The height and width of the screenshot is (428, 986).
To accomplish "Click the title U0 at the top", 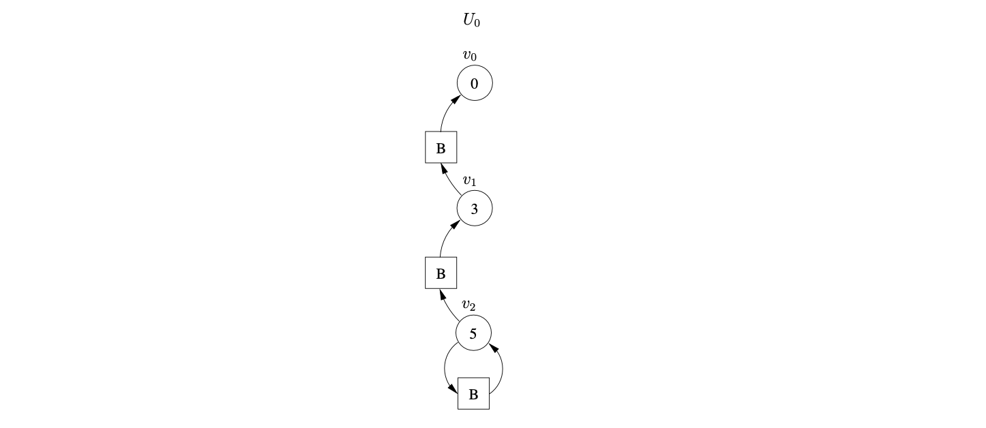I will pyautogui.click(x=471, y=20).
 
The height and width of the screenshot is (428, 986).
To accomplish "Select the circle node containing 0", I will pyautogui.click(x=474, y=83).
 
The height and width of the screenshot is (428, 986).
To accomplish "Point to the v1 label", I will pyautogui.click(x=470, y=181).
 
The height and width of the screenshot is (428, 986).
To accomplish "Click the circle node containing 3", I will pyautogui.click(x=474, y=209).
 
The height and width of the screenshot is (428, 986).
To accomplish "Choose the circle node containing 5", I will pyautogui.click(x=473, y=334).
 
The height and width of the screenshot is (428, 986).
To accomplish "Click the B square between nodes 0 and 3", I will pyautogui.click(x=441, y=147).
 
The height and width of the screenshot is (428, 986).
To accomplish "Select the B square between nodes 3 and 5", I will pyautogui.click(x=441, y=273).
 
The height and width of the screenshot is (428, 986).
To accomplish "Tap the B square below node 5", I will pyautogui.click(x=473, y=393).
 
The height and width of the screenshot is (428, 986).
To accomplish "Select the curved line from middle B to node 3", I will pyautogui.click(x=444, y=240).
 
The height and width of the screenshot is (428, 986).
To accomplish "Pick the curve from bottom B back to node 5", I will pyautogui.click(x=502, y=368).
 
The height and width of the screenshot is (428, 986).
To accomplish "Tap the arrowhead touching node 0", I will pyautogui.click(x=456, y=100).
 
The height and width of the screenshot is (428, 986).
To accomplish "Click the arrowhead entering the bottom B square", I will pyautogui.click(x=453, y=388).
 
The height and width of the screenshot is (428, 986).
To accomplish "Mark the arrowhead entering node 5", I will pyautogui.click(x=494, y=349).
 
